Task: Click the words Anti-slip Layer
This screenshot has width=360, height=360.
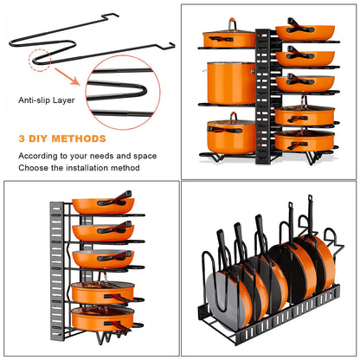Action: (46, 99)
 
